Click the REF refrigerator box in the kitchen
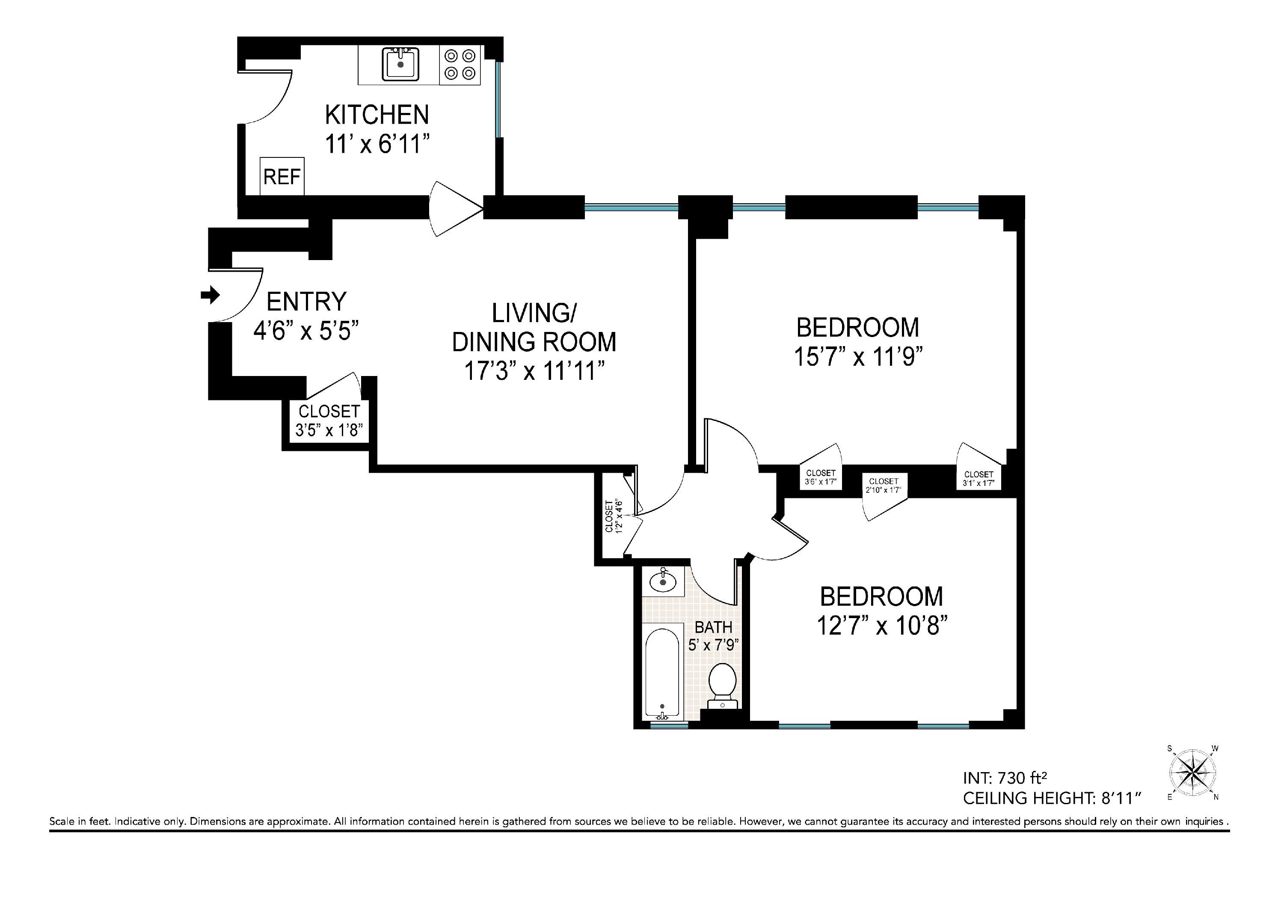point(282,177)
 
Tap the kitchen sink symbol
point(400,64)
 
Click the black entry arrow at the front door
point(210,295)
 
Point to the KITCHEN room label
point(377,115)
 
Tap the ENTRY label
point(306,302)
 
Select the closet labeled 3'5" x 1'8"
point(329,421)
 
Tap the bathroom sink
point(663,582)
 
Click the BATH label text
point(714,627)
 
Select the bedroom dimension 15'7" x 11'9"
point(857,357)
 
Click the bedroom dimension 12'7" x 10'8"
point(881,626)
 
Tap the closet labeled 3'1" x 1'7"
point(978,479)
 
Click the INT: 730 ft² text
point(1004,778)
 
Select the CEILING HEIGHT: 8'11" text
point(1051,798)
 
